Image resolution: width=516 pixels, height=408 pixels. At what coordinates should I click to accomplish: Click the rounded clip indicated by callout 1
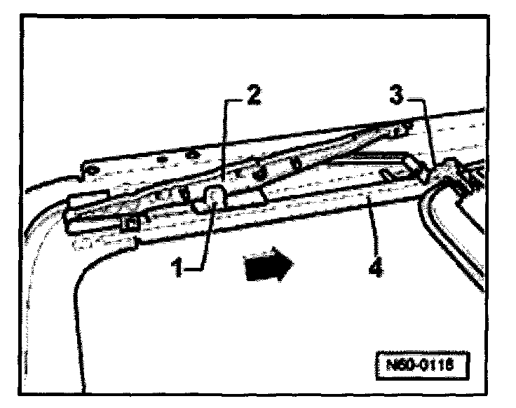213,199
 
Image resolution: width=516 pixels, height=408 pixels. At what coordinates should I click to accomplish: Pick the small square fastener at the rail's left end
129,224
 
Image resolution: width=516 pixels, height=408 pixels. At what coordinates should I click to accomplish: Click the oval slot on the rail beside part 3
386,173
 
